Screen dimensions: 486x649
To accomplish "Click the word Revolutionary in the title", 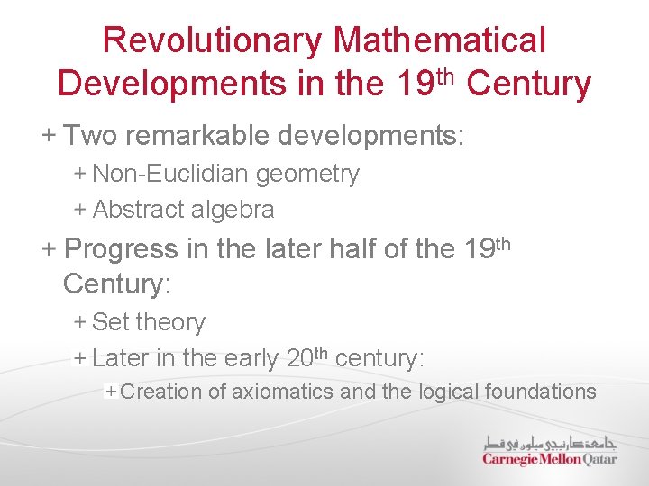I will coord(213,40).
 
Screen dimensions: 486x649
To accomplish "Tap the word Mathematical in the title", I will coord(440,40).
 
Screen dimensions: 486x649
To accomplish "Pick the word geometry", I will coord(308,174).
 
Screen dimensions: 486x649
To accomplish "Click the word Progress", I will coord(122,248).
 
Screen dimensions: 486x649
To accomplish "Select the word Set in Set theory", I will coord(111,321).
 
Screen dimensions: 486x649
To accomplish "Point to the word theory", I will coord(171,321).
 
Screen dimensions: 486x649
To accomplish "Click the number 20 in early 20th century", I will coord(299,358).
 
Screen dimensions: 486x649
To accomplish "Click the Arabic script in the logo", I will coord(550,443).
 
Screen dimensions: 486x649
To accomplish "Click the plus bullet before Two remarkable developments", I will coord(48,136).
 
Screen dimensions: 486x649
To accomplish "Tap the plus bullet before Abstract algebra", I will coord(79,210).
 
